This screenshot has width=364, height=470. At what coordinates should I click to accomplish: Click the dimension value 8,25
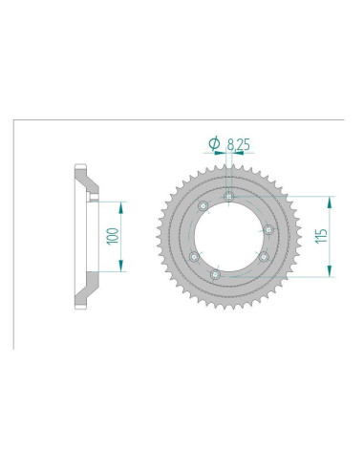(238, 145)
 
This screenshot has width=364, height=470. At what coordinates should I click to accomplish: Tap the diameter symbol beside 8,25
(214, 143)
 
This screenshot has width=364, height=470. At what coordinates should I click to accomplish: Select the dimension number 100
(113, 236)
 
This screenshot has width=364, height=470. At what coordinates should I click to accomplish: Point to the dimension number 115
(321, 236)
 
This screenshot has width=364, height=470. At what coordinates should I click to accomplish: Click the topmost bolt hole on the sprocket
(228, 197)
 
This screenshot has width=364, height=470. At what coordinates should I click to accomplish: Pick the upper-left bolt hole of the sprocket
(203, 206)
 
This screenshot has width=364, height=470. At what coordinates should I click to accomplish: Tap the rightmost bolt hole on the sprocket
(269, 229)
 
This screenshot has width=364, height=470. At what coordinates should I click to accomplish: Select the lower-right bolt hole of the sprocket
(263, 256)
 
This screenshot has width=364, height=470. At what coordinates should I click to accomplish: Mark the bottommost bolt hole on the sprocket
(215, 274)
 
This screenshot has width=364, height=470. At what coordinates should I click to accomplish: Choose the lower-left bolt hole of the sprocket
(194, 256)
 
